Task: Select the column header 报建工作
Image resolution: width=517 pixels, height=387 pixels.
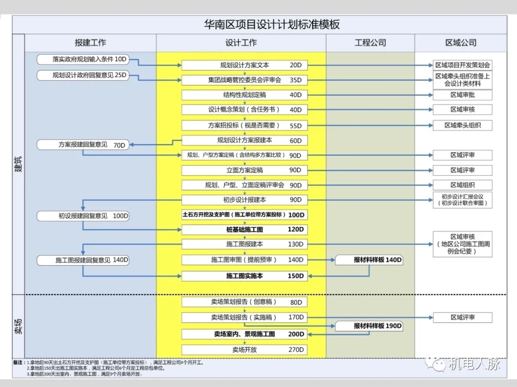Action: click(90, 43)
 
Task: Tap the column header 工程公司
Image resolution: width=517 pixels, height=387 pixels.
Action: click(370, 43)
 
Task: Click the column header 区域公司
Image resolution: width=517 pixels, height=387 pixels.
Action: click(461, 43)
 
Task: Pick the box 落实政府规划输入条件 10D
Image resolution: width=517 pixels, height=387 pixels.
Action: click(83, 59)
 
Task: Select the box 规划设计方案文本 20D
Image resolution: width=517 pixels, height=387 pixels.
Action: click(244, 65)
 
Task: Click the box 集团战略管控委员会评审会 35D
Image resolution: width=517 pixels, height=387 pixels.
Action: click(244, 80)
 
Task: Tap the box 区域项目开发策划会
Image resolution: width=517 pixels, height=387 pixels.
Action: click(462, 65)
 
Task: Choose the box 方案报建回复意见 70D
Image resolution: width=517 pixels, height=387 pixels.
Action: click(83, 144)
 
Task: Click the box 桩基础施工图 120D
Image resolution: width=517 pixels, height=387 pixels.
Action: click(244, 229)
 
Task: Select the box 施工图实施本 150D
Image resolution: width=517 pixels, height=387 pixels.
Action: click(244, 276)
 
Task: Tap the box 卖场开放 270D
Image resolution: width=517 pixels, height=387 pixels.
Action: click(244, 349)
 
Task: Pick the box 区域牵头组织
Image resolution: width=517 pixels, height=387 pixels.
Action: click(462, 125)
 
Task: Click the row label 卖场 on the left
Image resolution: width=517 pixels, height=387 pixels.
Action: click(18, 326)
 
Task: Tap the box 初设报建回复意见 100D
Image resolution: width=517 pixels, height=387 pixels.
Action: click(83, 216)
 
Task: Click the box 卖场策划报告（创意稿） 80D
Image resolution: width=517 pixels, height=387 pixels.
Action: click(244, 302)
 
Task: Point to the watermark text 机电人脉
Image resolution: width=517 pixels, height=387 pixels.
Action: click(474, 364)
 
